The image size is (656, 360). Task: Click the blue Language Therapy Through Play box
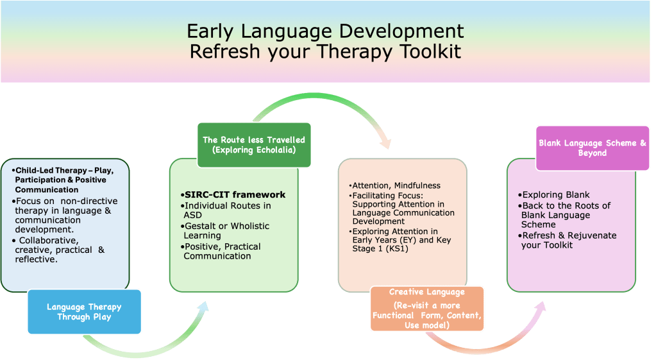[84, 312]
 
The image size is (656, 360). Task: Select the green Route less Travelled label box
[254, 145]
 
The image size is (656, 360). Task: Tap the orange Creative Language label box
[426, 309]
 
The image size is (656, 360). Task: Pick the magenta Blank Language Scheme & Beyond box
[593, 148]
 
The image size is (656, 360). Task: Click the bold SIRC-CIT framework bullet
[233, 194]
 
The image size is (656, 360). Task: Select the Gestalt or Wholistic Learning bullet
[225, 230]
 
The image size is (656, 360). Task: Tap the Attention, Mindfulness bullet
[394, 185]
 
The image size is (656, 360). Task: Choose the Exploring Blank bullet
[553, 194]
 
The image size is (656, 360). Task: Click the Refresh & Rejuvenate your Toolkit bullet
[567, 240]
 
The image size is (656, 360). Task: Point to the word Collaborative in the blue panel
[49, 240]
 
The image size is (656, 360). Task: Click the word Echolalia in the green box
[275, 150]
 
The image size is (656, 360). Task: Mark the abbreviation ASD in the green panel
[192, 215]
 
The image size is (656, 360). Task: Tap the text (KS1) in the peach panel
[396, 248]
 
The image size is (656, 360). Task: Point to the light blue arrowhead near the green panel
[203, 307]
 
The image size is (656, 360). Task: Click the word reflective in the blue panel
[35, 259]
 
